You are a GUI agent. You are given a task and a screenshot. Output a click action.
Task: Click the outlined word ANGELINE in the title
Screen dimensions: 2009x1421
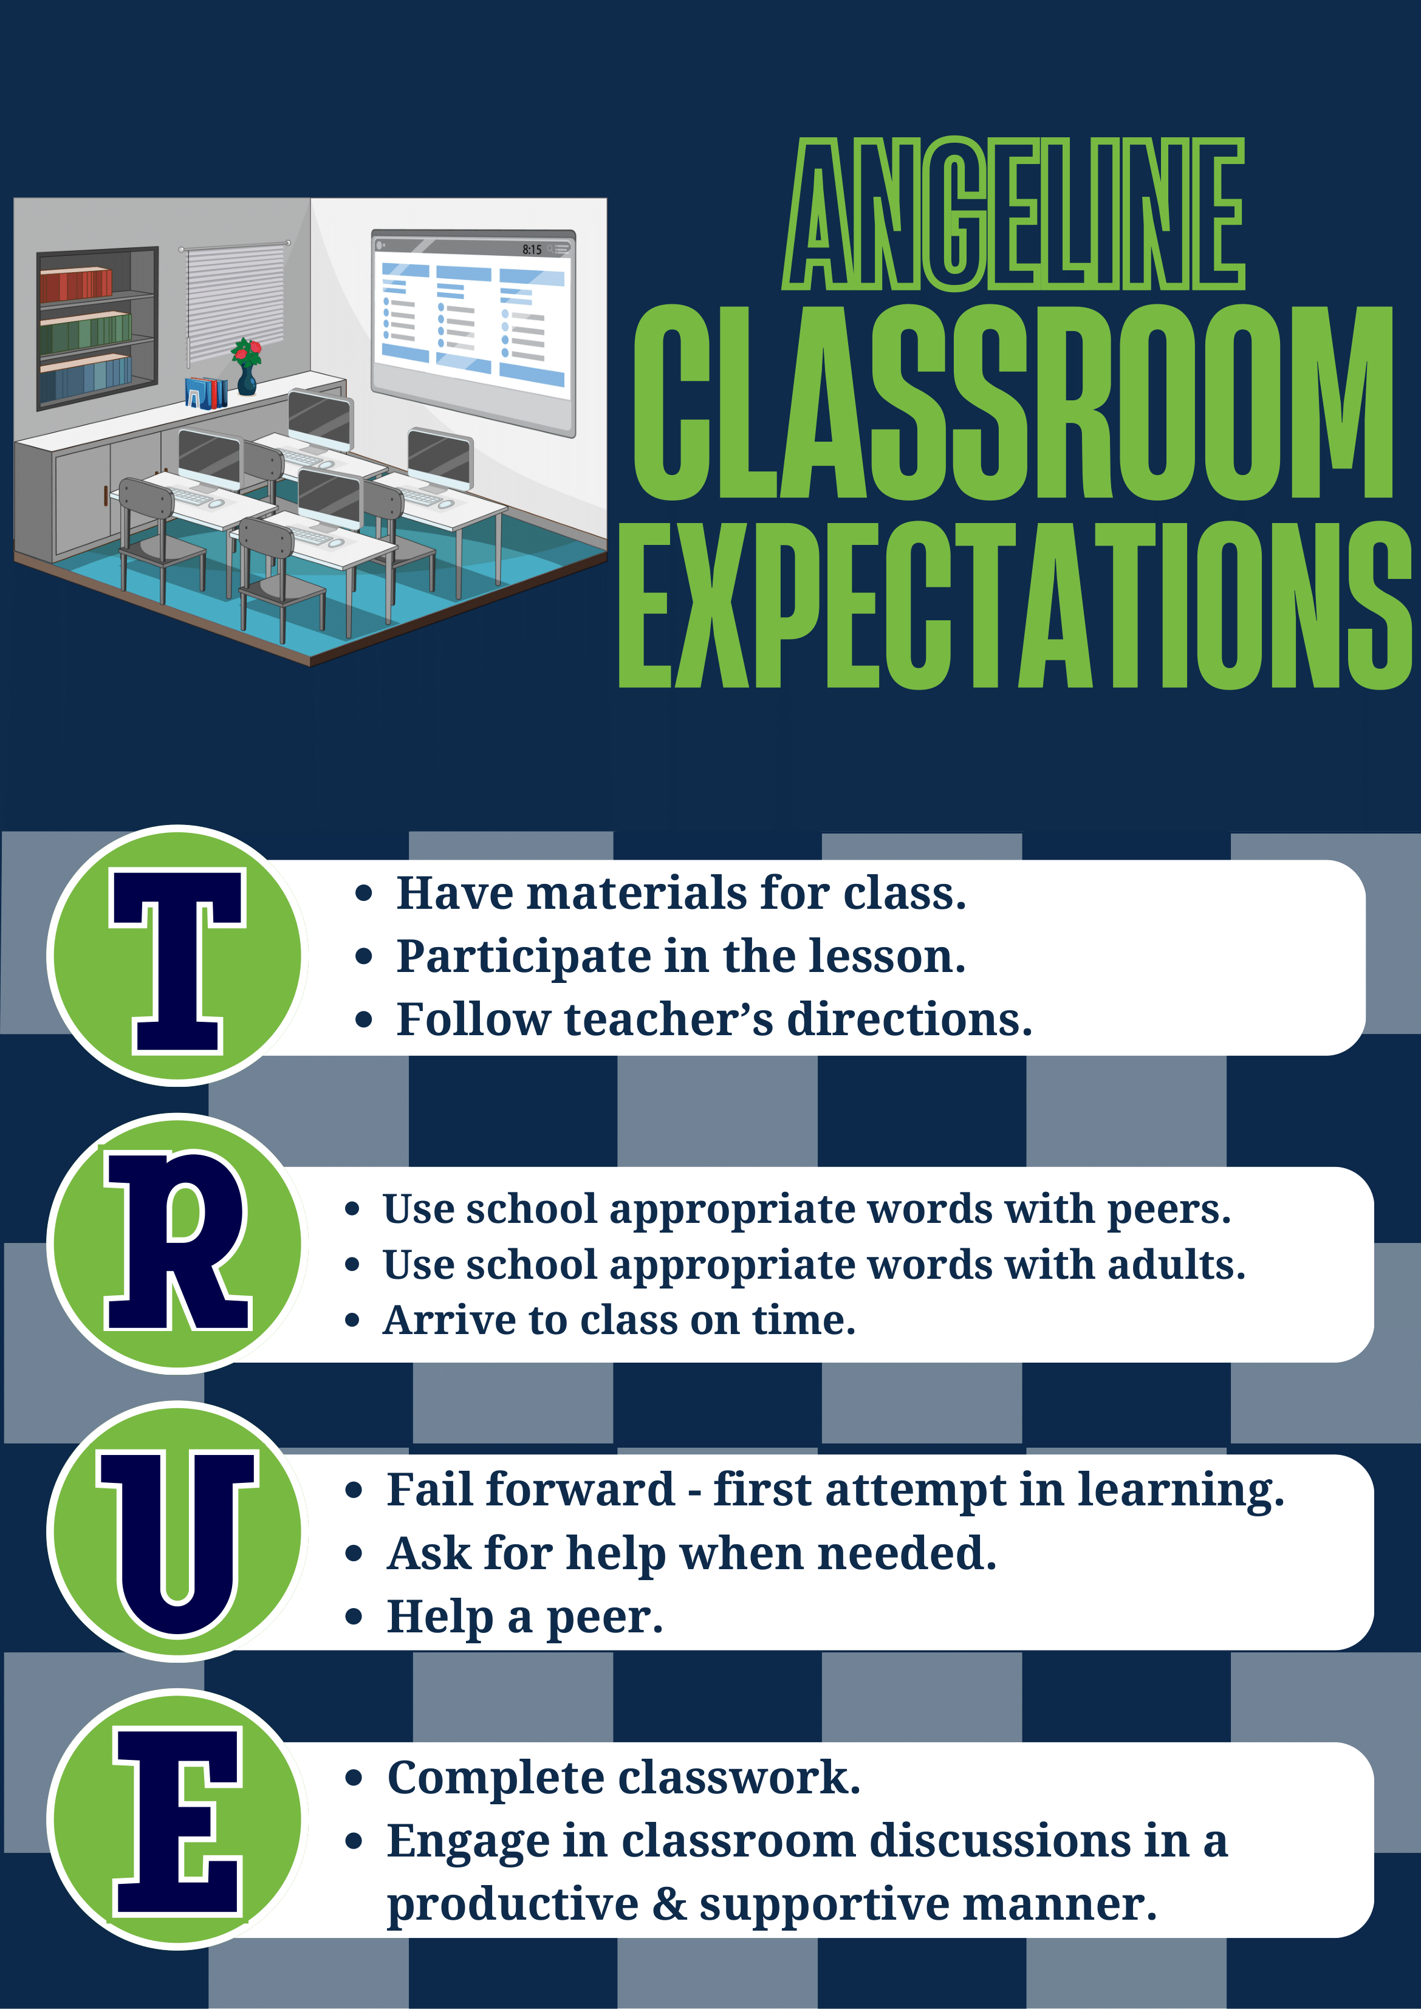tap(1014, 214)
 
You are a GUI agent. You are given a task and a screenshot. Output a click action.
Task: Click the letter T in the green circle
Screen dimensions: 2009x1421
tap(177, 960)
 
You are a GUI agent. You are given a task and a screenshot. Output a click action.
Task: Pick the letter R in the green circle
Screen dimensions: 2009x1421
tap(177, 1242)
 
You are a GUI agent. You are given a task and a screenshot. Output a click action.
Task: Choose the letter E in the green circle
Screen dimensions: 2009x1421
tap(177, 1822)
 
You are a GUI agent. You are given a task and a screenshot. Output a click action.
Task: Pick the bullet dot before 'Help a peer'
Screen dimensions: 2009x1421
tap(354, 1617)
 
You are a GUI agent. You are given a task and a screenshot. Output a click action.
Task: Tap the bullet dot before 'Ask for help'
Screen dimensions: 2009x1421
tap(354, 1554)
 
